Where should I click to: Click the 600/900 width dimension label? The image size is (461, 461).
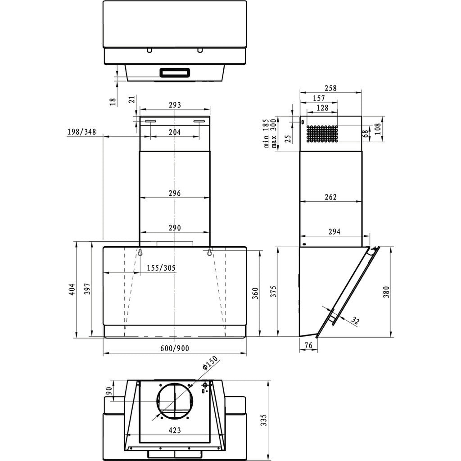(175, 348)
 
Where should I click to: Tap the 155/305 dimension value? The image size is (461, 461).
(161, 268)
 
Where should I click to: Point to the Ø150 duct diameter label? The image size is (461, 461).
(210, 363)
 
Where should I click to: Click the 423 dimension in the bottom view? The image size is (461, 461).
(175, 430)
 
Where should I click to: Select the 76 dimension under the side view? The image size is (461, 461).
(308, 345)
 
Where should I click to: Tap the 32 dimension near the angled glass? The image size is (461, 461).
(355, 321)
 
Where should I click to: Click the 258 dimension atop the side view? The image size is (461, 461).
(330, 88)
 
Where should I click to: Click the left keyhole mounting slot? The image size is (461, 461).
(140, 253)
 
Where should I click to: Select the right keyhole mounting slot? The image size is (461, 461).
(210, 253)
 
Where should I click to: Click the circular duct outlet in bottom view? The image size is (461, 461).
(175, 401)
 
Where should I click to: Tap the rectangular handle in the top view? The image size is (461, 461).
(175, 72)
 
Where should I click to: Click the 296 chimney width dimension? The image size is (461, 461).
(175, 193)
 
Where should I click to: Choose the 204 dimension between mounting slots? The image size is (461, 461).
(175, 132)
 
